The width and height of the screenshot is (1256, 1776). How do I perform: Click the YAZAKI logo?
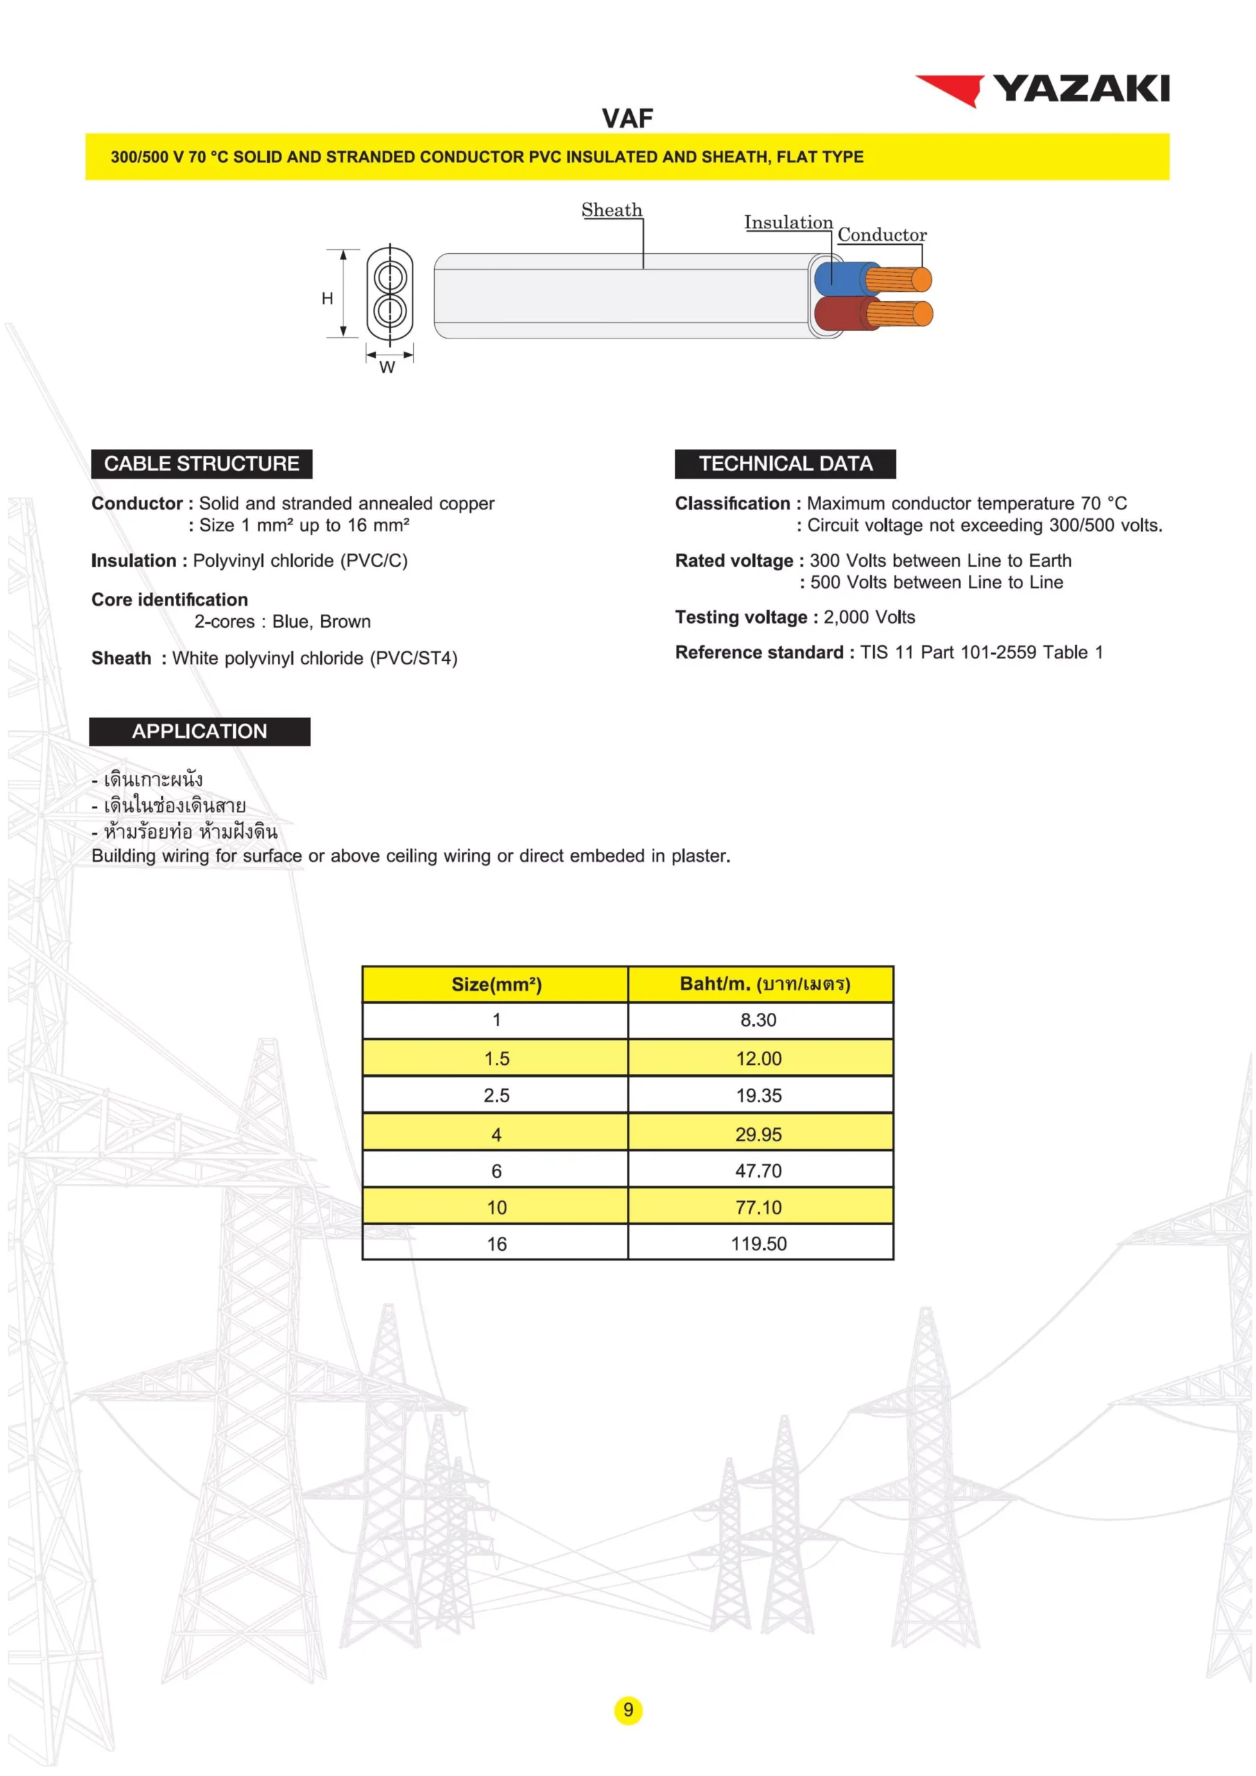click(1042, 89)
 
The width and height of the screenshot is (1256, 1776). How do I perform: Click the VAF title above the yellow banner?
click(627, 119)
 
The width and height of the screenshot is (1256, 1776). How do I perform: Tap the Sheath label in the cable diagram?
click(611, 210)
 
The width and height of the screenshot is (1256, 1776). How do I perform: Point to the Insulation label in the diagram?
click(788, 222)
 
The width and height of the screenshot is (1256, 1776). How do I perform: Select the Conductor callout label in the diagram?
click(881, 234)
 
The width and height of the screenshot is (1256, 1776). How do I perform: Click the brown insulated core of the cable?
click(839, 315)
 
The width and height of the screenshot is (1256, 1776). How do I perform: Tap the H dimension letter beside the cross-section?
click(327, 298)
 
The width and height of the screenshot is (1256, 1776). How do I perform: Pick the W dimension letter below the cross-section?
click(388, 368)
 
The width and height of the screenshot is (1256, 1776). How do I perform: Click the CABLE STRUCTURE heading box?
click(202, 463)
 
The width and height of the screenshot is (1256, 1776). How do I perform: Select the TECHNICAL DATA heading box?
click(785, 463)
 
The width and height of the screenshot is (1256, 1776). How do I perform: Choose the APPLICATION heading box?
click(200, 731)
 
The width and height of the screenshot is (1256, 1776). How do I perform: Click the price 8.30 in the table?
click(758, 1020)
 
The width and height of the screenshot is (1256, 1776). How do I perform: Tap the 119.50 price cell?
click(759, 1244)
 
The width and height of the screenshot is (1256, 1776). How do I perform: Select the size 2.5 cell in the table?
click(497, 1095)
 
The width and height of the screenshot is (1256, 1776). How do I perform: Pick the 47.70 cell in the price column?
click(758, 1170)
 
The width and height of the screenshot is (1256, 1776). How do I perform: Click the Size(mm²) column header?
click(497, 984)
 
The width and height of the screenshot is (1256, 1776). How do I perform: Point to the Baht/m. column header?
click(764, 984)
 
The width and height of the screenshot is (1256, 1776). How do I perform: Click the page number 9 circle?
click(628, 1709)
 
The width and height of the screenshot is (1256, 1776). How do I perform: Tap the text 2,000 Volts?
click(868, 617)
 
